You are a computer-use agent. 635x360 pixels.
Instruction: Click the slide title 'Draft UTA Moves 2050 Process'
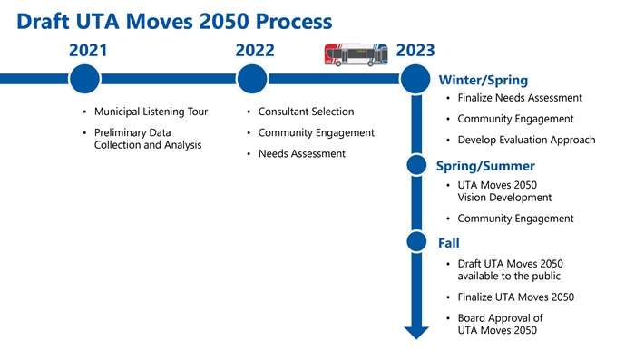173,20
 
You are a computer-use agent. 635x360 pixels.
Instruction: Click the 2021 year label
88,52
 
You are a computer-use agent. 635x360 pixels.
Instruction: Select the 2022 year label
255,52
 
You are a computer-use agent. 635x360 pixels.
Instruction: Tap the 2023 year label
415,52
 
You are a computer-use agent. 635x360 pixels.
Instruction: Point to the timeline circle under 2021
83,79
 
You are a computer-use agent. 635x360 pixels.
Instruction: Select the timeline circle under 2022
251,79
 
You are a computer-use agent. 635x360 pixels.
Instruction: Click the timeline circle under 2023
415,79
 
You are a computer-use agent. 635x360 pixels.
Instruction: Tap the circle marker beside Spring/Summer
416,164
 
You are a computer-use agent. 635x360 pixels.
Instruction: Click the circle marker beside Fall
416,241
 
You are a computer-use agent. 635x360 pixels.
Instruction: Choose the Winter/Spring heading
482,81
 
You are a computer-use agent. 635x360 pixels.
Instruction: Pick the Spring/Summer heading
485,167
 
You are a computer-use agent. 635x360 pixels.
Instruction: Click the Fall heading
449,243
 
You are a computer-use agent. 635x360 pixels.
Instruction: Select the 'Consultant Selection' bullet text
306,112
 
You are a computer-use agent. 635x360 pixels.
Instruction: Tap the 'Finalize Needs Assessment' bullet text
520,98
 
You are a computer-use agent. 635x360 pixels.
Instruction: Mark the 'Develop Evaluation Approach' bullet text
526,141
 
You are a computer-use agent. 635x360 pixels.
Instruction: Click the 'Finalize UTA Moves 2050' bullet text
515,297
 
